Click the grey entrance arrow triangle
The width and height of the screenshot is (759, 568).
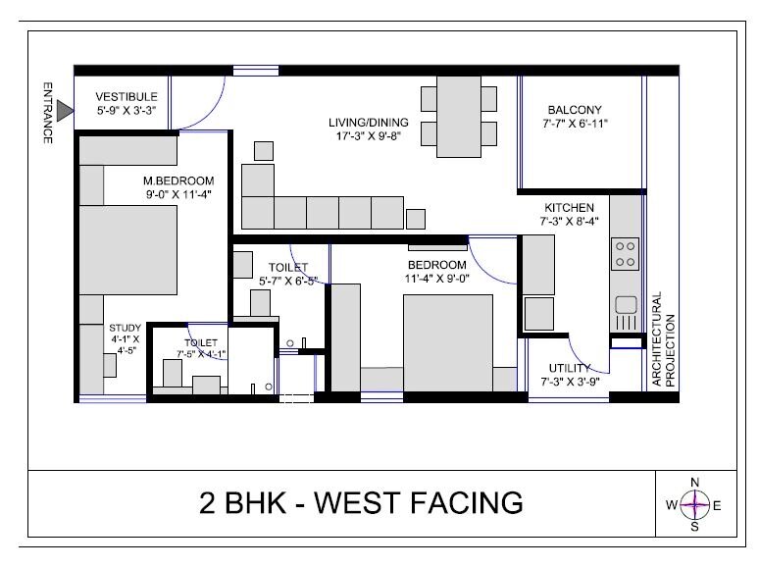(65, 111)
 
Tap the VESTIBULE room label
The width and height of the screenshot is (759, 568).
(126, 97)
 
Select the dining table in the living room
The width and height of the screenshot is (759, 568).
(458, 116)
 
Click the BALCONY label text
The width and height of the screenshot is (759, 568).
(575, 110)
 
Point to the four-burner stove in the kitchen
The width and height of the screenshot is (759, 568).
(625, 254)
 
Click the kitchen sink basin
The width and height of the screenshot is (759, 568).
(626, 305)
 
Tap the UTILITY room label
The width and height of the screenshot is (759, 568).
(570, 368)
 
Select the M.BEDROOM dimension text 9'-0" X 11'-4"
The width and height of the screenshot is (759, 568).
(178, 194)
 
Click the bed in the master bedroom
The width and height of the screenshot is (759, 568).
(127, 250)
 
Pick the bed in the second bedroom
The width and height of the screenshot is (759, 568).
(448, 342)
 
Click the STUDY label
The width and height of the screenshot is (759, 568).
(125, 328)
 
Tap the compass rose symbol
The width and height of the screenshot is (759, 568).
(694, 504)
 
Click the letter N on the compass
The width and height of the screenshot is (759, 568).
(694, 483)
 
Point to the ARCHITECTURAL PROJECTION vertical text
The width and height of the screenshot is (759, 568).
(663, 339)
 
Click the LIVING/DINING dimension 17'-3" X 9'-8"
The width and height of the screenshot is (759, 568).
(369, 136)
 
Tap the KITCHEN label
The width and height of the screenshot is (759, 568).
(569, 208)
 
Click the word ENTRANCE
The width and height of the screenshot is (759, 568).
(47, 113)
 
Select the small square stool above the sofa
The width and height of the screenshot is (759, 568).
(264, 151)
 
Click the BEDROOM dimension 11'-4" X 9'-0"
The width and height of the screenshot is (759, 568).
(437, 279)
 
